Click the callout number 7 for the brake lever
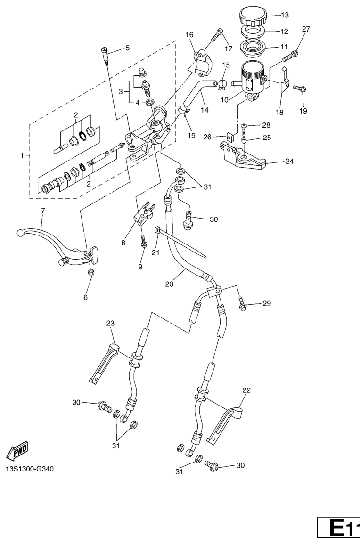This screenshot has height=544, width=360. pyautogui.click(x=43, y=211)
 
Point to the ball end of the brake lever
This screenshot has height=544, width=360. pyautogui.click(x=20, y=232)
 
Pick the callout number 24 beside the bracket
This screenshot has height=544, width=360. pyautogui.click(x=289, y=162)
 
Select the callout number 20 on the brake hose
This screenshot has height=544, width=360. pyautogui.click(x=170, y=284)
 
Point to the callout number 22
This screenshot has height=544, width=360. pyautogui.click(x=246, y=390)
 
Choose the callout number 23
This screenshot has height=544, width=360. pyautogui.click(x=110, y=323)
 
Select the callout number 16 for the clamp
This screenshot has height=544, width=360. pyautogui.click(x=189, y=35)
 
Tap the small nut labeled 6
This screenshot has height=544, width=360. pyautogui.click(x=91, y=273)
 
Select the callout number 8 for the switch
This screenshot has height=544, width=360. pyautogui.click(x=123, y=243)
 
